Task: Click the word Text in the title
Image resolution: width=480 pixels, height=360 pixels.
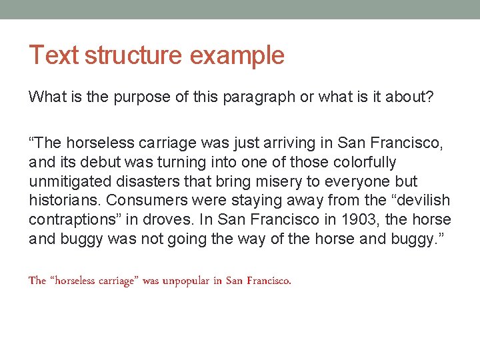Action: point(53,55)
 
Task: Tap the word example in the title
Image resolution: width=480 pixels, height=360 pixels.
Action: point(237,55)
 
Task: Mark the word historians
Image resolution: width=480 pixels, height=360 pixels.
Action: point(65,201)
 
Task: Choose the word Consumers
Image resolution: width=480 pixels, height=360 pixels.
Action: point(148,201)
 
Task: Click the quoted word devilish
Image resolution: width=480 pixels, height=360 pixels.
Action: point(425,201)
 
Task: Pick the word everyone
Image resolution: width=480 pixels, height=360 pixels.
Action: point(363,181)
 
